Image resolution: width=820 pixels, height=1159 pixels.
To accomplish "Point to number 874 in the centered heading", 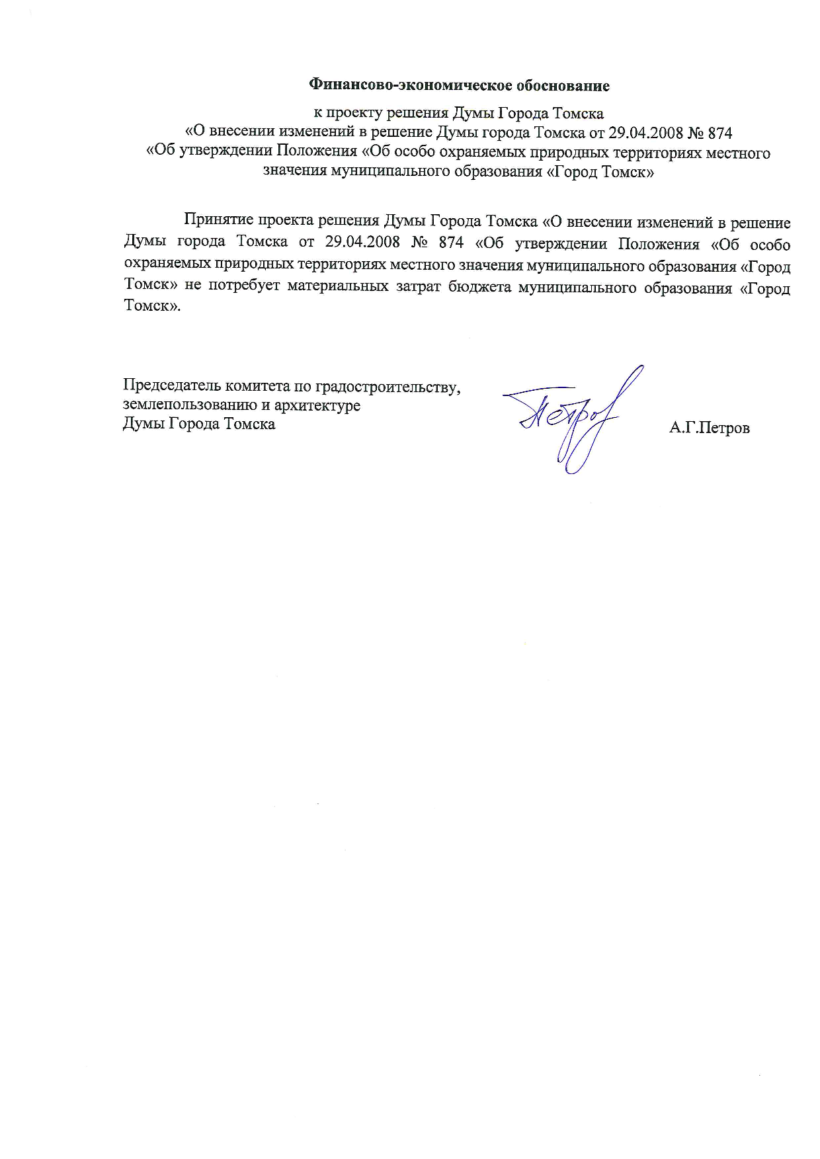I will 719,133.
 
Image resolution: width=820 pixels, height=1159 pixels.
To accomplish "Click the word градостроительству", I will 388,385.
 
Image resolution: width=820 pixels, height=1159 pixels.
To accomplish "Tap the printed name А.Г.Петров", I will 710,428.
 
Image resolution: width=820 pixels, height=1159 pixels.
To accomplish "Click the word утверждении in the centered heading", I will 226,153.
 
